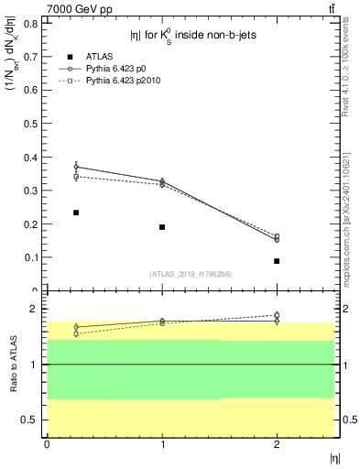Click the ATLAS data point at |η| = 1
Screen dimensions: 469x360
coord(162,226)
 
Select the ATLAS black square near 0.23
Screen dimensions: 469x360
coord(76,213)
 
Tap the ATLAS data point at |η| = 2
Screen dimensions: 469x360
coord(277,261)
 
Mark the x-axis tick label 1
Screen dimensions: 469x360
coord(162,444)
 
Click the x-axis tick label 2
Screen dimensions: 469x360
coord(277,444)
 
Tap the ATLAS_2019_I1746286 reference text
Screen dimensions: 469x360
coord(190,274)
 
